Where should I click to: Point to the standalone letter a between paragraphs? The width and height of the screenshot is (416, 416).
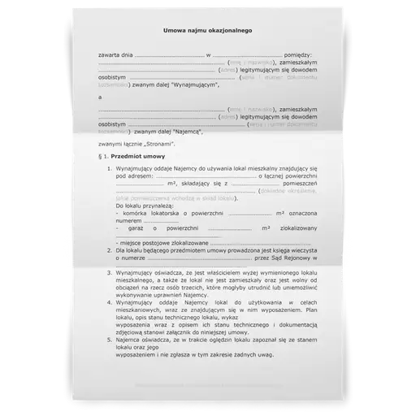tap(99, 97)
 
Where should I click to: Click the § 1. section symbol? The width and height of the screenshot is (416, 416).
tap(103, 154)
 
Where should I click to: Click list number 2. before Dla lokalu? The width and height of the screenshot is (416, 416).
tap(109, 251)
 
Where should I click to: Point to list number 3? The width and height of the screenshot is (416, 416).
tap(109, 275)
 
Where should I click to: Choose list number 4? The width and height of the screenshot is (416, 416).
tap(109, 301)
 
